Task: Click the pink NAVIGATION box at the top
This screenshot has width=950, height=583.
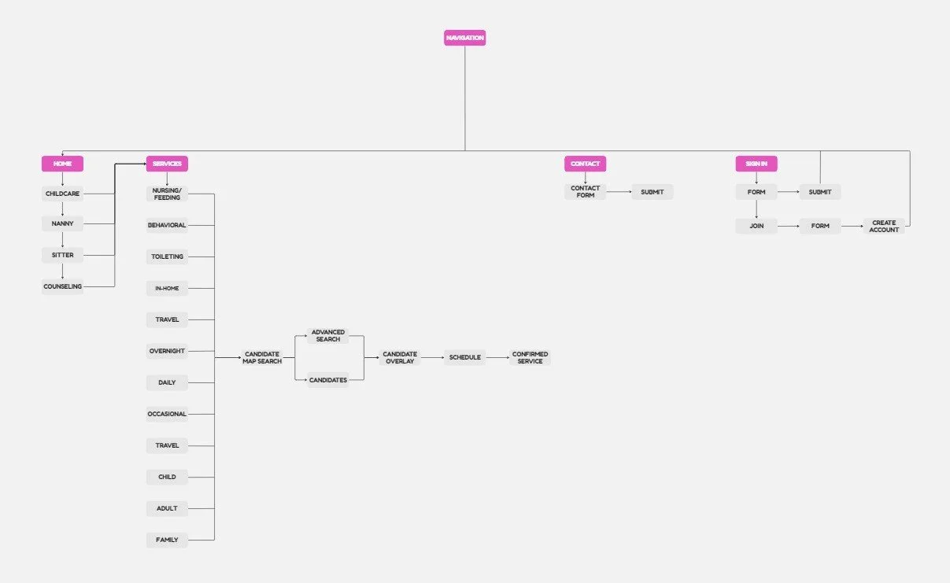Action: pos(464,38)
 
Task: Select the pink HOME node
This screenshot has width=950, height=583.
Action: pos(62,164)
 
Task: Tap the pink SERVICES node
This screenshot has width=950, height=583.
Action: pos(167,164)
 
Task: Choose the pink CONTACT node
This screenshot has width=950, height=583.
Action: pos(585,164)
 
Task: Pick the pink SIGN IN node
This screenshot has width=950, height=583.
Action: pos(756,164)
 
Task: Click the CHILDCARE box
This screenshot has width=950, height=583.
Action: pos(62,194)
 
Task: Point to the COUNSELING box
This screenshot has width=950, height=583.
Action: pos(62,286)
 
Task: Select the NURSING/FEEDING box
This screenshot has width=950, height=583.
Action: pos(167,194)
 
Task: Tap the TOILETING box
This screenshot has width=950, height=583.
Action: pos(167,256)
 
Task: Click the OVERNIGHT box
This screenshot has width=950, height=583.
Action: pos(167,351)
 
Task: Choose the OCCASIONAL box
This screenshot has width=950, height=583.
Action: pos(167,414)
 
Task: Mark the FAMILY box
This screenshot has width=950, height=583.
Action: pos(167,540)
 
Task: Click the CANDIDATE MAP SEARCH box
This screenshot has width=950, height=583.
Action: pos(262,357)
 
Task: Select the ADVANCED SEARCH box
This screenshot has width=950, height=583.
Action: pos(327,335)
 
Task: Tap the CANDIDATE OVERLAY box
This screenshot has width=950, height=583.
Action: pos(400,357)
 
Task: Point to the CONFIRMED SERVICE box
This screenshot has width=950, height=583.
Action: pos(530,357)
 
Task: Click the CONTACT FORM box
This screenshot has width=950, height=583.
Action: pos(585,191)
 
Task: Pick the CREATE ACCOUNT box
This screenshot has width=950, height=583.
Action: pos(884,226)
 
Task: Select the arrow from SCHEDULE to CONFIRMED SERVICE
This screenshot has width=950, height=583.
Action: pos(497,357)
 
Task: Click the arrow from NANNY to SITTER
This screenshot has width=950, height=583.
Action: pos(62,239)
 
